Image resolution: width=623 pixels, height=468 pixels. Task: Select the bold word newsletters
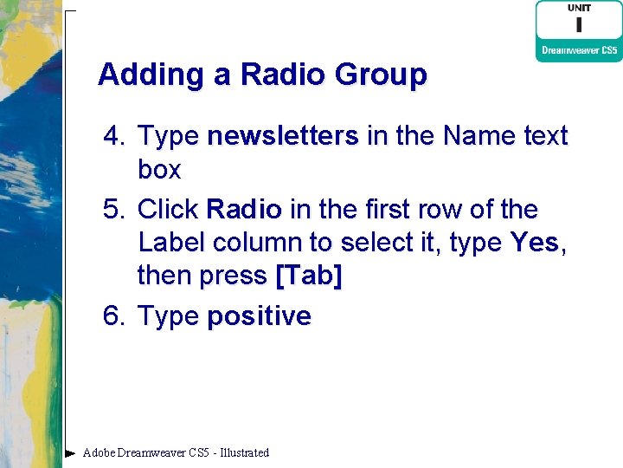pyautogui.click(x=283, y=136)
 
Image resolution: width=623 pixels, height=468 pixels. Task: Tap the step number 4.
pyautogui.click(x=114, y=136)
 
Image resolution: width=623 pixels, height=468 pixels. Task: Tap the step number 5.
pyautogui.click(x=114, y=209)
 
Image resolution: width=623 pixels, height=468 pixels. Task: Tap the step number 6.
pyautogui.click(x=114, y=315)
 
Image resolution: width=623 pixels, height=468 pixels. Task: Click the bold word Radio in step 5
pyautogui.click(x=244, y=209)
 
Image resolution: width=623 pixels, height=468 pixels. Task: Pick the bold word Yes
pyautogui.click(x=534, y=242)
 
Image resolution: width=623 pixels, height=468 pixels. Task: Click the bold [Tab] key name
pyautogui.click(x=308, y=275)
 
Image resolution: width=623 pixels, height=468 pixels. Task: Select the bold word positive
pyautogui.click(x=259, y=316)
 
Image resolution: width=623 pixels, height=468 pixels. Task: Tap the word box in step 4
pyautogui.click(x=159, y=169)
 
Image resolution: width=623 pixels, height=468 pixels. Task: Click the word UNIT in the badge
pyautogui.click(x=579, y=8)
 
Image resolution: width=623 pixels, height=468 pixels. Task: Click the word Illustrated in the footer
pyautogui.click(x=245, y=452)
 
